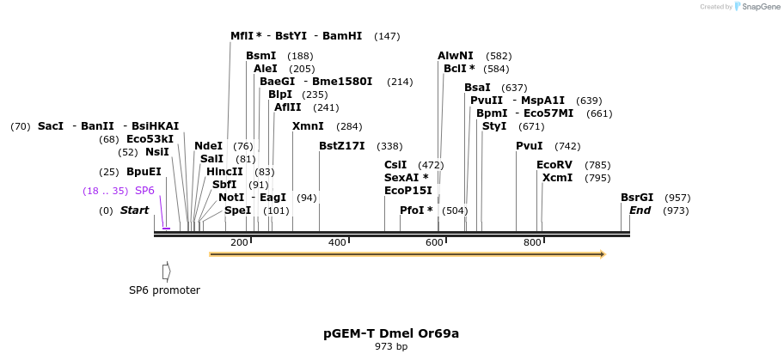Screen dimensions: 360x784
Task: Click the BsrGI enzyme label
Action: point(637,198)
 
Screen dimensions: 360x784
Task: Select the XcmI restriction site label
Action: point(557,178)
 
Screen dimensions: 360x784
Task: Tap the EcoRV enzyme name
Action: point(554,165)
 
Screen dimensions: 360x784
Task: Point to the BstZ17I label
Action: point(342,146)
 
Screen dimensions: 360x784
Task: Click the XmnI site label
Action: point(308,126)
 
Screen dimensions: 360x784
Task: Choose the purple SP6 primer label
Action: point(144,191)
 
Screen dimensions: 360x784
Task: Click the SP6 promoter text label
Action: point(164,290)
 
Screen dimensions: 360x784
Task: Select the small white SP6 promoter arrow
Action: point(167,272)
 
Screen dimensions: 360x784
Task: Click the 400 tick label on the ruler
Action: point(337,243)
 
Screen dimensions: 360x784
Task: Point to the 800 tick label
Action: point(532,243)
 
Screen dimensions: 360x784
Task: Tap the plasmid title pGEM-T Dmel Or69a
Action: point(391,333)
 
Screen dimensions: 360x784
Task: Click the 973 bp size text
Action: point(391,347)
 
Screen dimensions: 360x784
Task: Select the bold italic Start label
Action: point(135,211)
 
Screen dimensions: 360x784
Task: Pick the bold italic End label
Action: point(640,211)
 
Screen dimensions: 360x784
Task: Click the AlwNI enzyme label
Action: point(456,56)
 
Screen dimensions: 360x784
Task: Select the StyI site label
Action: point(494,126)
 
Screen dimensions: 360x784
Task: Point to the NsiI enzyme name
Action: point(156,152)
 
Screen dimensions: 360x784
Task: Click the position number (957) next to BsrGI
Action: point(677,198)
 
